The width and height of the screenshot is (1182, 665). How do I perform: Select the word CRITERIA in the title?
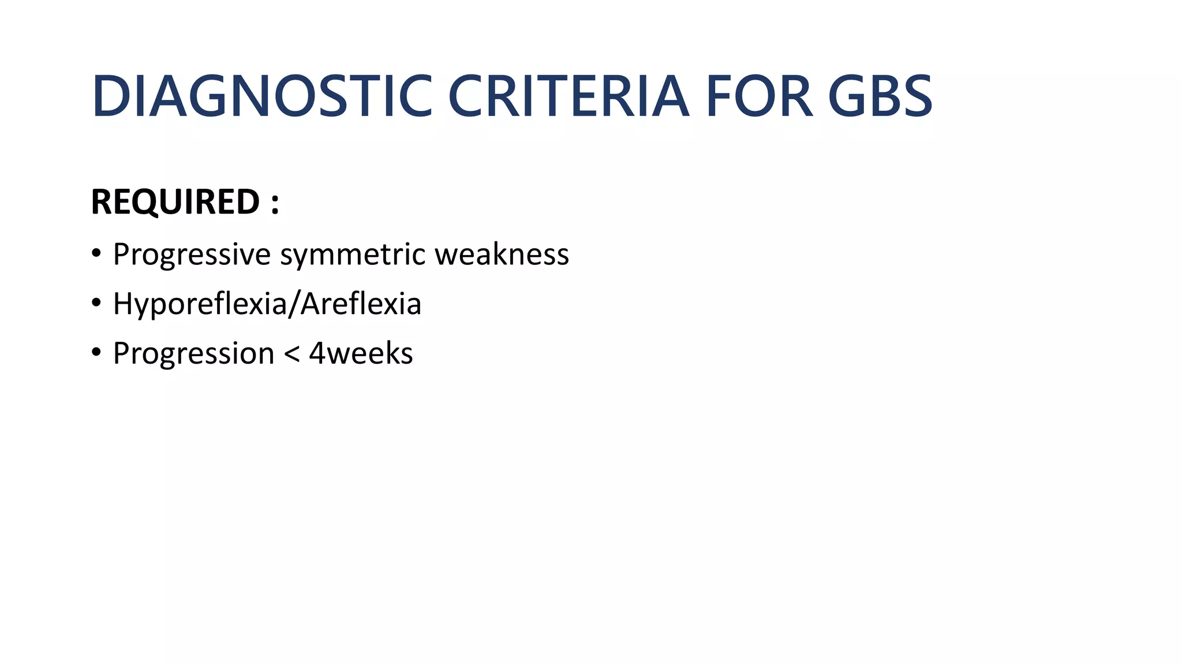coord(568,96)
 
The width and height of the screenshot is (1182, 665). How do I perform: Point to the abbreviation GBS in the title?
coord(880,96)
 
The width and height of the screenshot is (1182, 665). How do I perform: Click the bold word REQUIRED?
coord(175,201)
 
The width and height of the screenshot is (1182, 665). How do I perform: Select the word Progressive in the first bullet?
coord(192,255)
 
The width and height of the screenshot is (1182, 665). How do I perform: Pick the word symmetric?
coord(353,255)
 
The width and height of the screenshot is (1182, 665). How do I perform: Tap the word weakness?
coord(502,255)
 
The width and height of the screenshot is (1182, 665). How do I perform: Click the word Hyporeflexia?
coord(200,304)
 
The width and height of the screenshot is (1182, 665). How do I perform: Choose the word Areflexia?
coord(361,304)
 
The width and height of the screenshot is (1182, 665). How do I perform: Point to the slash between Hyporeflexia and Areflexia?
coord(293,304)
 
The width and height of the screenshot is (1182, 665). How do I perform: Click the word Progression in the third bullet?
coord(193,353)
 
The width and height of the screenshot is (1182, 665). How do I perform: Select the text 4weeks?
coord(361,353)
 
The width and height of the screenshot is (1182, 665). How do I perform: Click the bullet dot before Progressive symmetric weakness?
coord(96,253)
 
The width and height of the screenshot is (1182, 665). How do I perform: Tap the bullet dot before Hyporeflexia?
coord(96,302)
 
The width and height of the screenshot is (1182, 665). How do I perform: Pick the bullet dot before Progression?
coord(96,352)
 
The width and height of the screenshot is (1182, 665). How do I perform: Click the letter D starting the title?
coord(111,96)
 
